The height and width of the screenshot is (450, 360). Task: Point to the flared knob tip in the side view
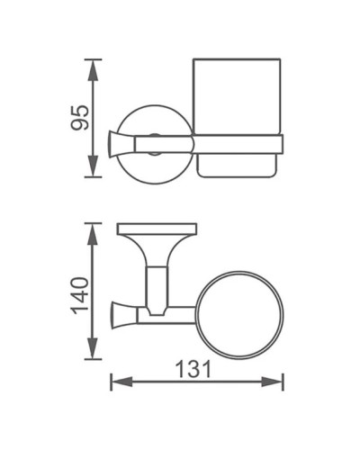(114, 144)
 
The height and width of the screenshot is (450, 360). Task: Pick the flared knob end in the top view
(117, 313)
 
